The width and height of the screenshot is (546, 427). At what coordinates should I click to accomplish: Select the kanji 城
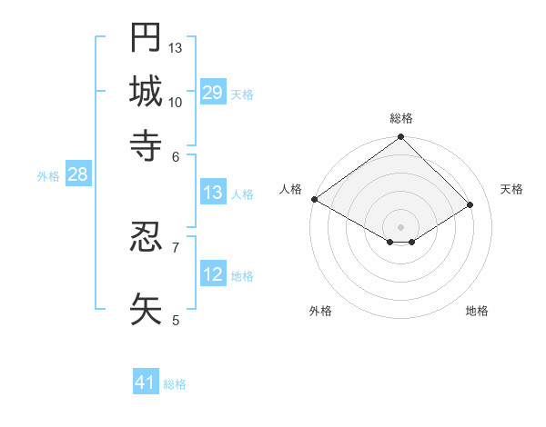[x=146, y=91]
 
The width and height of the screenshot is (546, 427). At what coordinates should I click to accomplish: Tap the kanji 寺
[x=146, y=144]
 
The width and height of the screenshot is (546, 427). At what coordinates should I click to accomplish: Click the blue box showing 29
[x=213, y=93]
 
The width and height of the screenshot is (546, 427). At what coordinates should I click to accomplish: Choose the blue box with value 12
[x=213, y=274]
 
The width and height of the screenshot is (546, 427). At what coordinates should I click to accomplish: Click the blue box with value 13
[x=213, y=193]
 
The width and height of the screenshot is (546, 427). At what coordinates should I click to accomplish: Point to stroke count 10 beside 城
[x=176, y=102]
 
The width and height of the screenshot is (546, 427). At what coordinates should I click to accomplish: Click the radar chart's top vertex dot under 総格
[x=400, y=138]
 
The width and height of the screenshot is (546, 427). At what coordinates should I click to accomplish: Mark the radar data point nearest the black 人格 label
[x=314, y=199]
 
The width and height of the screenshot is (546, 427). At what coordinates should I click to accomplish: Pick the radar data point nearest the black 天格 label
[x=470, y=205]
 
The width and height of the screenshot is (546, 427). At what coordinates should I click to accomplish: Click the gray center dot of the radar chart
[x=400, y=226]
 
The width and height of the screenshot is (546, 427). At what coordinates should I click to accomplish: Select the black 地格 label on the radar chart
[x=477, y=311]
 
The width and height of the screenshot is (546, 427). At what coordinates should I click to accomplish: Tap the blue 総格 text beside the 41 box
[x=175, y=384]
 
